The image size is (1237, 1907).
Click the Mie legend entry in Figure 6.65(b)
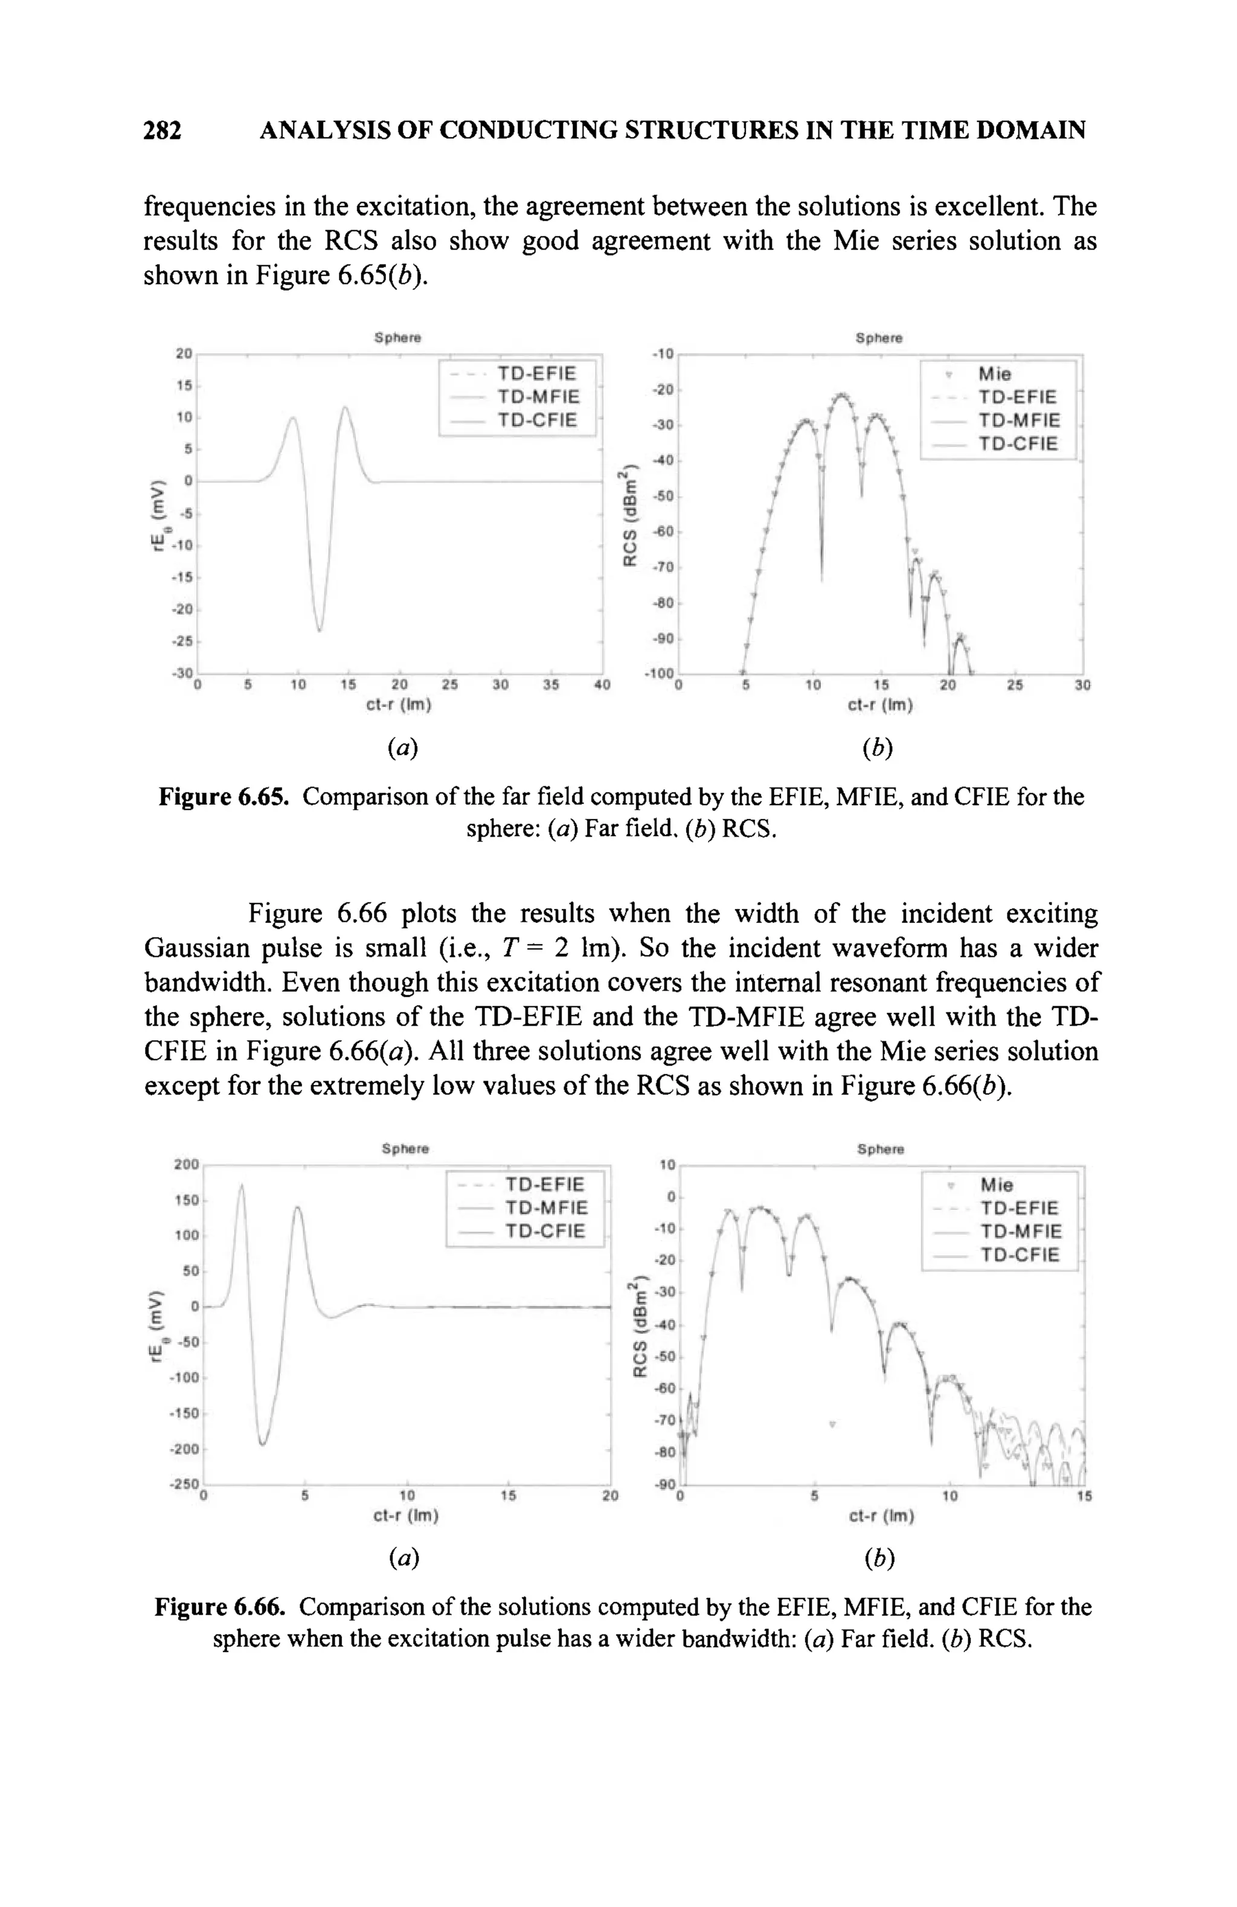994,374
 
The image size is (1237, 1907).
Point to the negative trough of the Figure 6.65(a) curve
319,630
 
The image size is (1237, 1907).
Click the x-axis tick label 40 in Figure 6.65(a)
602,685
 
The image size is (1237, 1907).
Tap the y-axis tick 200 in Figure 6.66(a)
187,1164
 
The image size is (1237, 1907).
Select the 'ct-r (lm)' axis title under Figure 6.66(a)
406,1516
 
